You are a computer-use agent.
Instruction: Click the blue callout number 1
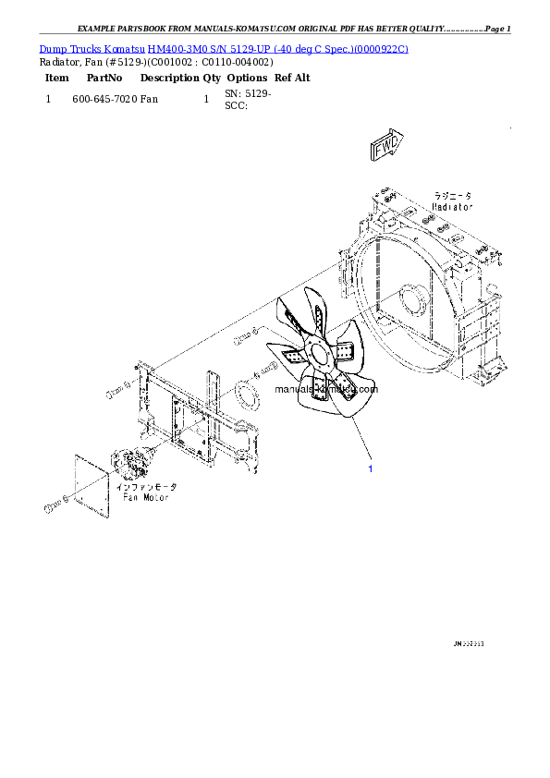point(371,469)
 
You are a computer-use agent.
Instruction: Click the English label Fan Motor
point(145,496)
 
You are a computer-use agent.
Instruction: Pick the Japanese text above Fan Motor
point(145,486)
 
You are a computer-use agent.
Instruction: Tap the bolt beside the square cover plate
point(54,506)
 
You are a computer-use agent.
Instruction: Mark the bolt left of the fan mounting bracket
point(115,393)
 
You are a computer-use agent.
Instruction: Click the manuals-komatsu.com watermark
point(326,389)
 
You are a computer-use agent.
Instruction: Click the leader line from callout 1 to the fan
point(361,439)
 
